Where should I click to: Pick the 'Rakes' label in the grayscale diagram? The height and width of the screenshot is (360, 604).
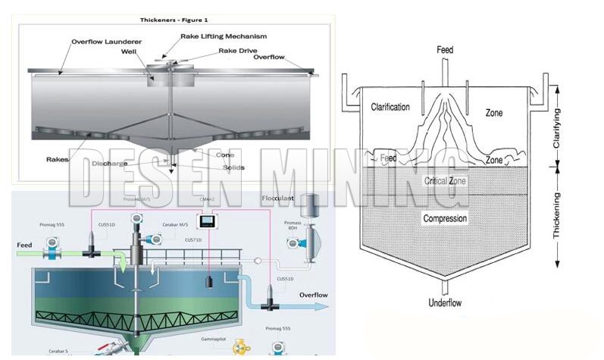[x=58, y=159]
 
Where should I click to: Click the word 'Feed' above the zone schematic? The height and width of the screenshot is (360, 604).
[x=445, y=50]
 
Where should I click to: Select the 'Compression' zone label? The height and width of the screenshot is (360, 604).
[x=445, y=219]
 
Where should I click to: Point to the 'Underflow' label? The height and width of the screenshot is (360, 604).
[x=445, y=302]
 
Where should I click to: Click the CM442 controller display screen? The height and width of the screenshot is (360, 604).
[x=206, y=222]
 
